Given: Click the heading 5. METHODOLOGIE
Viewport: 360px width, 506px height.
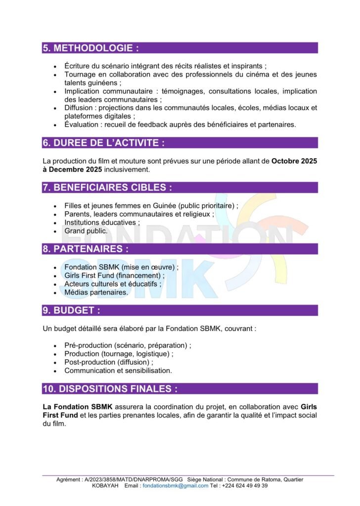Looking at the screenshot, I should tap(90, 48).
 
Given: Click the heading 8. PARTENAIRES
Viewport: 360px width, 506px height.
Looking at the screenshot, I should tap(86, 249).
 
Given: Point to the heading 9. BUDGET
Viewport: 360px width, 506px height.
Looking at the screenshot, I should tap(71, 310).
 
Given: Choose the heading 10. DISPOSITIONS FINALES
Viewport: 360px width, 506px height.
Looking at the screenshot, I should tap(110, 389).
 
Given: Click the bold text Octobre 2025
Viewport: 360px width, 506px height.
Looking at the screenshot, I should tap(294, 162).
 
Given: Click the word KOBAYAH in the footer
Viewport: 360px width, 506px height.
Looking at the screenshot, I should tap(106, 486).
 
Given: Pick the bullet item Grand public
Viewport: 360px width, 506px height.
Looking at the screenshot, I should tap(86, 231).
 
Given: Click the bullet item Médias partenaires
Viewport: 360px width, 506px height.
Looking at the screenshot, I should tap(96, 293).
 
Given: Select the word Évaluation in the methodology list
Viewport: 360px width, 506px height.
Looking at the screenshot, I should tap(82, 125).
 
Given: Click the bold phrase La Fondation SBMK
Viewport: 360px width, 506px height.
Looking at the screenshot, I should tap(74, 407).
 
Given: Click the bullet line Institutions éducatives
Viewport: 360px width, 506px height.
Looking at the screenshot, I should tap(101, 222).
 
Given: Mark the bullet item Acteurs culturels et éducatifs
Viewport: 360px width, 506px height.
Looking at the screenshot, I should tap(112, 284).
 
